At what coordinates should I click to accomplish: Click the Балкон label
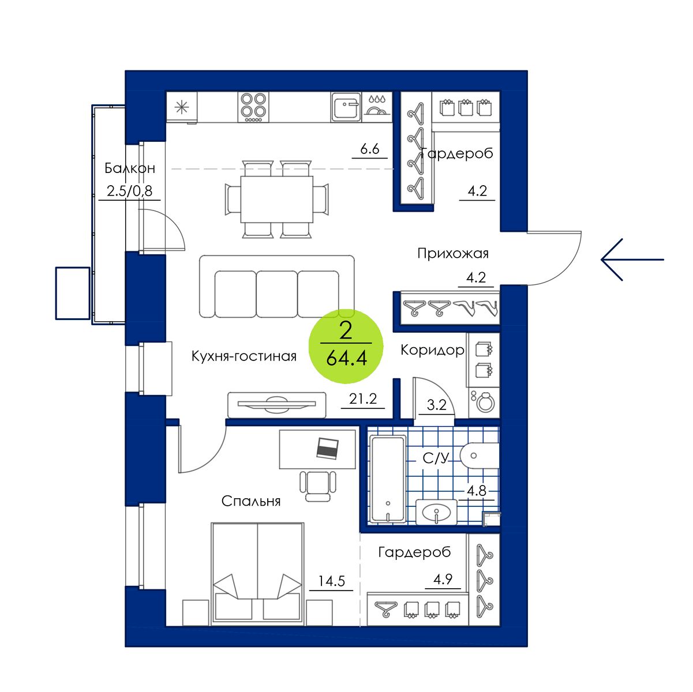point(130,168)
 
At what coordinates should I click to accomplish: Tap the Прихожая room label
point(453,254)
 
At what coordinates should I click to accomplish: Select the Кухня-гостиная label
point(244,356)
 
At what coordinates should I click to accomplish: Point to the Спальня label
point(251,501)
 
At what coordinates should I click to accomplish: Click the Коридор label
point(432,350)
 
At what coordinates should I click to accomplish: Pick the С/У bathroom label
point(436,458)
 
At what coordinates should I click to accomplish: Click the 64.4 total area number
point(346,359)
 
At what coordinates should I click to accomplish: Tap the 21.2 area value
point(363,398)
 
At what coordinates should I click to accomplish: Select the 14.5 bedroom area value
point(332,581)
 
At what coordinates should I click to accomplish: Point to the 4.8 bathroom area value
point(477,491)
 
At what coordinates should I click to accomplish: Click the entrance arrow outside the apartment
point(632,259)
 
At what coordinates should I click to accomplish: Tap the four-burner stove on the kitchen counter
point(253,107)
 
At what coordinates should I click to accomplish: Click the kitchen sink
point(346,107)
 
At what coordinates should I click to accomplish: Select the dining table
point(276,199)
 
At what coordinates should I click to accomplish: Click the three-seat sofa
point(277,287)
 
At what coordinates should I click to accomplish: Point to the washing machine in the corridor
point(484,403)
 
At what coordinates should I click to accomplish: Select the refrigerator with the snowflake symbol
point(182,107)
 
